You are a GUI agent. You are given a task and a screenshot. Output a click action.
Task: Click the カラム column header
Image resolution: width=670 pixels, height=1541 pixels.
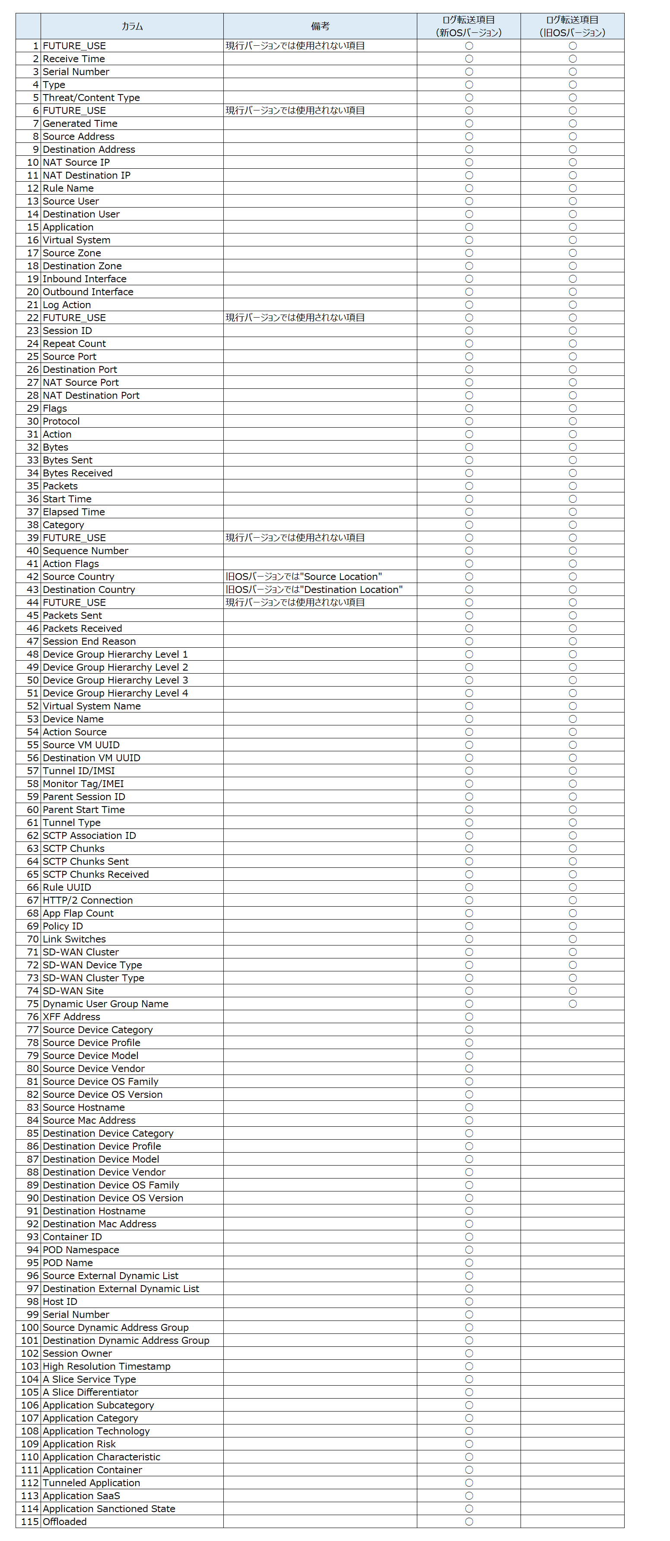click(x=132, y=26)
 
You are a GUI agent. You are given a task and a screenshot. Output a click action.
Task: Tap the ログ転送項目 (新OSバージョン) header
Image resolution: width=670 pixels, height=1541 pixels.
click(x=468, y=26)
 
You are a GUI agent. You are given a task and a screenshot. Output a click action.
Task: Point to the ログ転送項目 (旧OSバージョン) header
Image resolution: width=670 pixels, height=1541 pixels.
click(x=572, y=26)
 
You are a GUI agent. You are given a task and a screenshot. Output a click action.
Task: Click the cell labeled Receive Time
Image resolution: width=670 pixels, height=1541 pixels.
click(x=73, y=59)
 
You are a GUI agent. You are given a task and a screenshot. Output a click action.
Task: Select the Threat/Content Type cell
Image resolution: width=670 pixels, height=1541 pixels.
click(x=91, y=98)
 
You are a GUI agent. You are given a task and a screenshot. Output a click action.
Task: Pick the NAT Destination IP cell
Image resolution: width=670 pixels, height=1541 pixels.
click(x=86, y=175)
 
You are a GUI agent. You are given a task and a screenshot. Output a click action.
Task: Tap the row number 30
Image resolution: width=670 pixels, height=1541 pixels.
click(x=33, y=421)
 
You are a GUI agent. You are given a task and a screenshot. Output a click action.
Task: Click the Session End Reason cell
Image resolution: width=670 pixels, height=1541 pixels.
click(x=89, y=641)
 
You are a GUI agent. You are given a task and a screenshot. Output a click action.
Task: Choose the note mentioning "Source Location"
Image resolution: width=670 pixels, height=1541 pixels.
click(x=304, y=577)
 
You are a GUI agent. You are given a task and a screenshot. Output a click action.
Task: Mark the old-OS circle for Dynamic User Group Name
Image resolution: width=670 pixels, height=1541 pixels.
click(x=572, y=1004)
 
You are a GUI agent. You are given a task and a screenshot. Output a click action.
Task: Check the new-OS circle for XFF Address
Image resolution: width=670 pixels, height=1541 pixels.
click(x=469, y=1017)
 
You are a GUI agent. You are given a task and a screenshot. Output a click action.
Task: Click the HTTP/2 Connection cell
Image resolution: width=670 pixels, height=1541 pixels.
click(x=87, y=900)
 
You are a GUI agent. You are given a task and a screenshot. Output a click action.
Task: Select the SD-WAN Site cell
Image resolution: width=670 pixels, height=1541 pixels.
click(x=73, y=991)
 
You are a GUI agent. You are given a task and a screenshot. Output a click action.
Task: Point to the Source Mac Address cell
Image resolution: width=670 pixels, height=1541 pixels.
click(x=89, y=1120)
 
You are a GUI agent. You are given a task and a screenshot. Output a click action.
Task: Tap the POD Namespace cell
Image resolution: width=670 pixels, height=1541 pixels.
click(x=81, y=1250)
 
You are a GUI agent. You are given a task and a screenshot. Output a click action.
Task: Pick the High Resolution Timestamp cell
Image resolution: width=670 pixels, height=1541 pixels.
click(x=107, y=1366)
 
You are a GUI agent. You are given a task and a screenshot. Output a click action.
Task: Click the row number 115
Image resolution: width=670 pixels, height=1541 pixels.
click(x=30, y=1521)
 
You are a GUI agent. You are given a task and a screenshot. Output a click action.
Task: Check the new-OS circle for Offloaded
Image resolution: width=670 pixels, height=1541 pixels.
click(x=469, y=1521)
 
